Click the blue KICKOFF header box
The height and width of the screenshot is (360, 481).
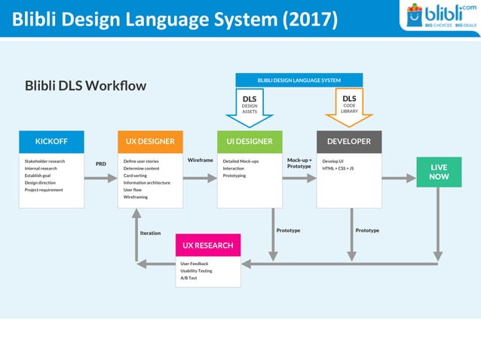click(x=51, y=142)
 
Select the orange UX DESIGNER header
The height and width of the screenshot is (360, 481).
click(x=150, y=142)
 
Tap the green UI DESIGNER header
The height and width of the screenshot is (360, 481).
click(x=250, y=142)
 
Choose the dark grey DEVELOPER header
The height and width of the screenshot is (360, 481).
click(x=348, y=142)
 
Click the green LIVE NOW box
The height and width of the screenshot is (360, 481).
click(x=438, y=172)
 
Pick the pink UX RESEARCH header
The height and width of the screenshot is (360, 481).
click(x=208, y=246)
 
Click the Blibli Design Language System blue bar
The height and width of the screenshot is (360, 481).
click(x=299, y=80)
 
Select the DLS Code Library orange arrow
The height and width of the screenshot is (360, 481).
click(x=349, y=105)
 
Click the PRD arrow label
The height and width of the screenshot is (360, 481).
click(x=100, y=163)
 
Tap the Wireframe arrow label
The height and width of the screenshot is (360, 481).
click(x=200, y=160)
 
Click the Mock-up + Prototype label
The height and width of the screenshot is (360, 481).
click(x=299, y=163)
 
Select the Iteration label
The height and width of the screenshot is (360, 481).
click(x=150, y=233)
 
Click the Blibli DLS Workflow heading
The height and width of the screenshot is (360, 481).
click(x=85, y=86)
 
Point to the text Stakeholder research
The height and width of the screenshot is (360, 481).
click(x=44, y=161)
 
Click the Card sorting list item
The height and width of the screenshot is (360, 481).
click(x=136, y=175)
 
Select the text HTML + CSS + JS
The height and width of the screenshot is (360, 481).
click(x=338, y=169)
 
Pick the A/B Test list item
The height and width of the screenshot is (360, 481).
click(x=188, y=278)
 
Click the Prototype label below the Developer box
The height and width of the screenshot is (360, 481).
click(x=367, y=230)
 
